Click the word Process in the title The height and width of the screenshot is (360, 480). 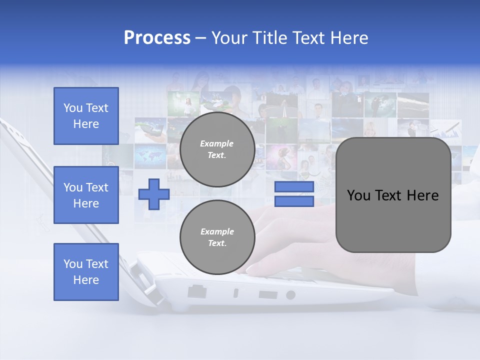157,38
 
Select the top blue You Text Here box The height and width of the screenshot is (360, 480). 86,116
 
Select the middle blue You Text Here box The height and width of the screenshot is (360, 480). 86,195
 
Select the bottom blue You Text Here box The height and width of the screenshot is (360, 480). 86,271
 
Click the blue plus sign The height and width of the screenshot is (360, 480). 154,194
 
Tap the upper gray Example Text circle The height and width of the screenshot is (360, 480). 217,149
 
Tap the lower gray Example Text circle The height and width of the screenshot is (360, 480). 217,237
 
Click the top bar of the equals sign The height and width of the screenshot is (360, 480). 294,187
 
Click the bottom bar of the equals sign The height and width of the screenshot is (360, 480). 294,201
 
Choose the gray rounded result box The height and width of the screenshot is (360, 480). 393,195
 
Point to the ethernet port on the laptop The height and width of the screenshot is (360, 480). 196,291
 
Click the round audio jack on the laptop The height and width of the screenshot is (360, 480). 290,295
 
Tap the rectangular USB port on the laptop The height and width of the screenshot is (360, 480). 268,294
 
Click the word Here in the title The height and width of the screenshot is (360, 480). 348,38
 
